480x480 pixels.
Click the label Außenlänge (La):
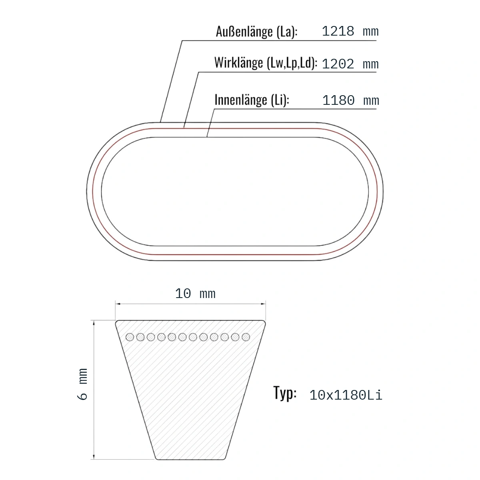click(x=256, y=32)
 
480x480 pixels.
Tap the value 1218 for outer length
click(x=338, y=31)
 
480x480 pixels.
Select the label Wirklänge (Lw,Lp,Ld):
click(x=266, y=63)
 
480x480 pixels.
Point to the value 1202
click(x=338, y=64)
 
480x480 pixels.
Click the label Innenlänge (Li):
click(x=252, y=100)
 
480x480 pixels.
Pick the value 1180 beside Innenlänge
click(x=338, y=100)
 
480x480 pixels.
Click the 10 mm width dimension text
click(x=195, y=294)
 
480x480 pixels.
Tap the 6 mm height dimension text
click(x=82, y=384)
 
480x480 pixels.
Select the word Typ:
click(x=285, y=393)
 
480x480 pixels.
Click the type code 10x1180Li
click(x=346, y=395)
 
